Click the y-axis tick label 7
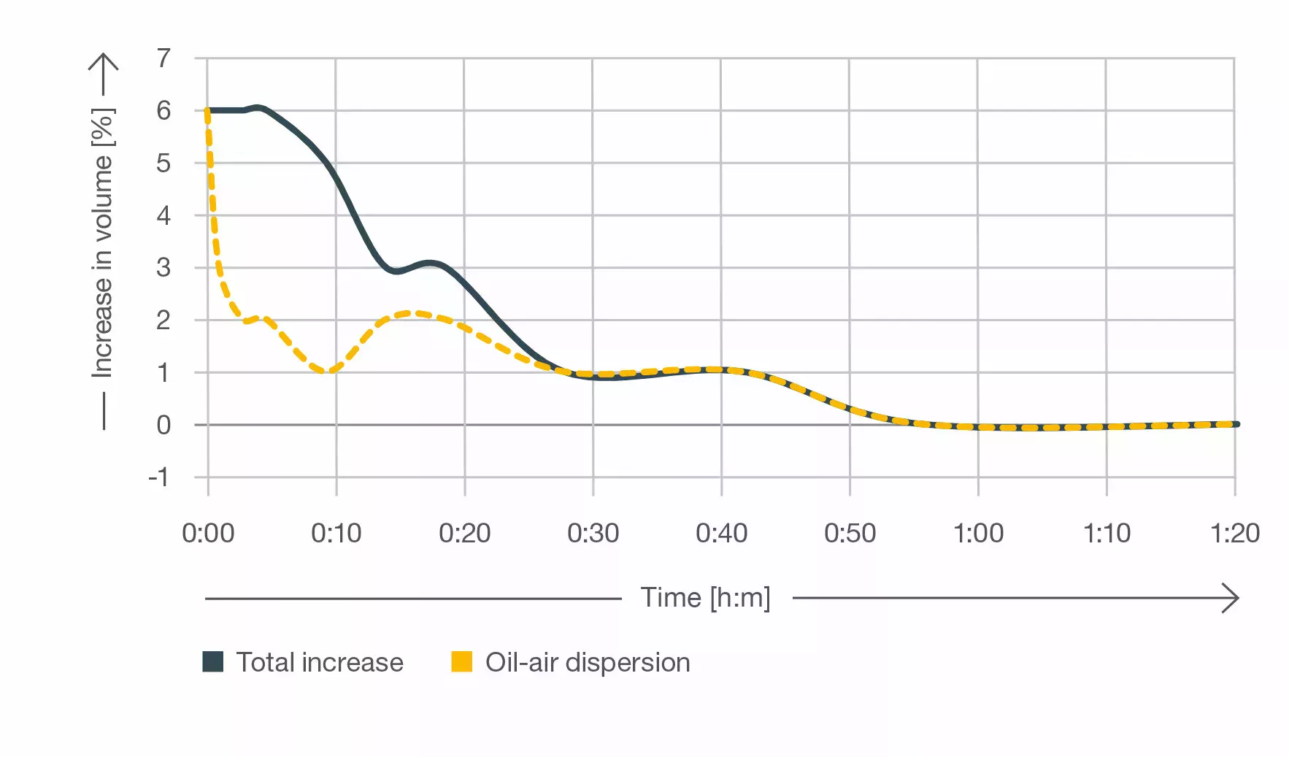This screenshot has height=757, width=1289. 163,58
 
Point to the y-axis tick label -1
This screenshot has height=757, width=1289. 158,477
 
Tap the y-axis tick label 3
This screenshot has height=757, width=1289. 163,267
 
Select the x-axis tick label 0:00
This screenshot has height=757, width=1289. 208,534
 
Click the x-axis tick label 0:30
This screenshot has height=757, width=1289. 593,534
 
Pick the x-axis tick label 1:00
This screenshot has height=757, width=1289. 978,534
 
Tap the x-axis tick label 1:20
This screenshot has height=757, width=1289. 1234,534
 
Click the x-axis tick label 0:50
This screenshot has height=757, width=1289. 850,534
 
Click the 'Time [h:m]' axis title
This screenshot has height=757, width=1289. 705,598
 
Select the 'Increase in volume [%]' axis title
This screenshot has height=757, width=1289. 103,244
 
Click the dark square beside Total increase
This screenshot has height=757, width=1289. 213,661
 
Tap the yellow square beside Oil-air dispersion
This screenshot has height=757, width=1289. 462,661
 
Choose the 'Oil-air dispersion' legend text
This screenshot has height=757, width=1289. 588,662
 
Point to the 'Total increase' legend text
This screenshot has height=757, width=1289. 320,662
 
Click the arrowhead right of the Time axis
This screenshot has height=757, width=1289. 1231,598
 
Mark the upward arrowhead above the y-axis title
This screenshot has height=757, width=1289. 104,62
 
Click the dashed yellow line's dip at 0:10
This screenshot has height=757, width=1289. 326,372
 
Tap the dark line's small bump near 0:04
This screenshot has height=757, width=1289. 258,107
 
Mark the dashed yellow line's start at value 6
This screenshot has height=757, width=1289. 207,112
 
